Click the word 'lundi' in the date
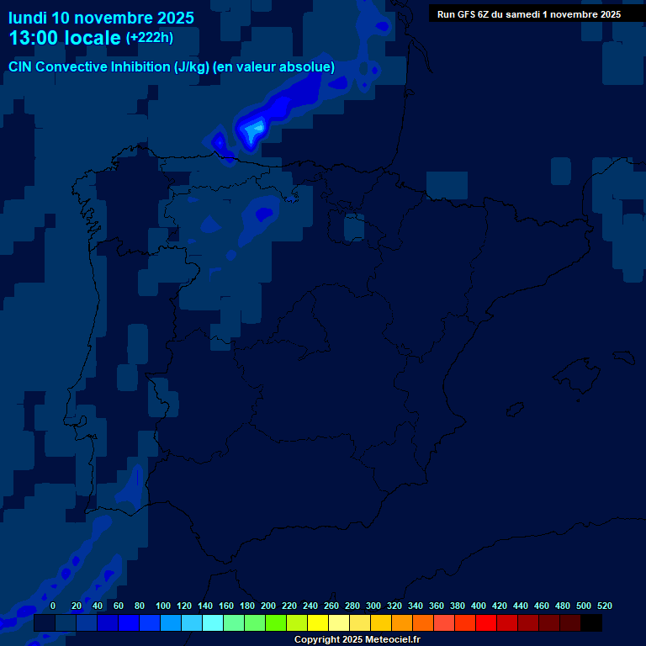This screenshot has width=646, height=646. point(27,18)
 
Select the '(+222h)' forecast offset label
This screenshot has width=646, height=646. point(149,37)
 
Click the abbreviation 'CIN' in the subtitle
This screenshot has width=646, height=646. point(22,66)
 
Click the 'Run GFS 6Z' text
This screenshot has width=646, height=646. point(464,14)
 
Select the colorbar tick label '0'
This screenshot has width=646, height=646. point(53,606)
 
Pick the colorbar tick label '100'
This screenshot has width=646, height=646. point(163,606)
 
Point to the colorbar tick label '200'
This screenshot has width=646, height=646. point(268,606)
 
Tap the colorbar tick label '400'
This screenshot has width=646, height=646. point(479,606)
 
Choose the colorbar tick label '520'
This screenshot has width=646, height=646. point(604,606)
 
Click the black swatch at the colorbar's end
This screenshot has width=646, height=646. point(591,623)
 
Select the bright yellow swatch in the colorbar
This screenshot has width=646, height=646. point(318,623)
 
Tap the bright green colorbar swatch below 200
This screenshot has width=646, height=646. point(276,623)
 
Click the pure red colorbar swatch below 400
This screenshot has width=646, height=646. point(486,623)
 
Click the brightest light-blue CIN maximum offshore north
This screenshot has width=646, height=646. point(254,128)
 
